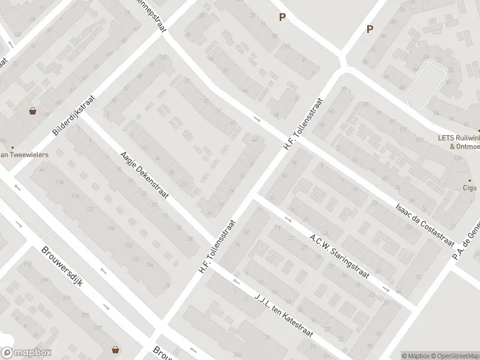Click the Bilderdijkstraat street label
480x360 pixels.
point(74,115)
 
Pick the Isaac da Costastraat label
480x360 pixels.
point(424,222)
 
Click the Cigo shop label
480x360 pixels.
point(469,188)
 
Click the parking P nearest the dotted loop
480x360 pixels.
point(370,29)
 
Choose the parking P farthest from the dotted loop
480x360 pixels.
point(281,17)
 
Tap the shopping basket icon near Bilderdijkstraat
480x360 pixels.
point(32,111)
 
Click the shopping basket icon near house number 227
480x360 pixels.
point(115,350)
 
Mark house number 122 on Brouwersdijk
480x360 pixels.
point(91,209)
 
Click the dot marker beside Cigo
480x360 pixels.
point(470,180)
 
